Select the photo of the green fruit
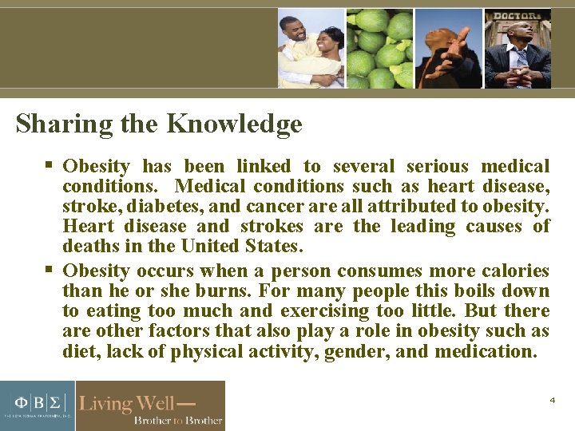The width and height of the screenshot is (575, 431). click(379, 48)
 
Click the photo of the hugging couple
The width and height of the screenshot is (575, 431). click(311, 48)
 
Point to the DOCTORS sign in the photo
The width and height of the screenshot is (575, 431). click(517, 16)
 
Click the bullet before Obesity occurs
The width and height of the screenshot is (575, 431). click(49, 269)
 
